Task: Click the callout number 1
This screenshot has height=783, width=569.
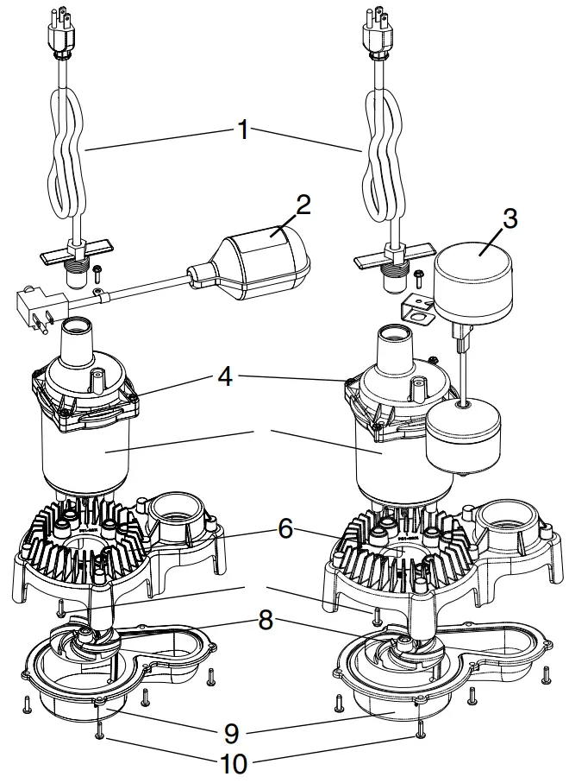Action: pyautogui.click(x=243, y=130)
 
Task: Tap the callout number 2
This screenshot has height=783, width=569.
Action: pyautogui.click(x=303, y=205)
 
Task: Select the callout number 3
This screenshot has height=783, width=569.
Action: pyautogui.click(x=510, y=218)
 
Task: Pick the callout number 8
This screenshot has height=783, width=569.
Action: pyautogui.click(x=266, y=620)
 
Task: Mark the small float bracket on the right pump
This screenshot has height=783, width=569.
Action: pyautogui.click(x=417, y=308)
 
